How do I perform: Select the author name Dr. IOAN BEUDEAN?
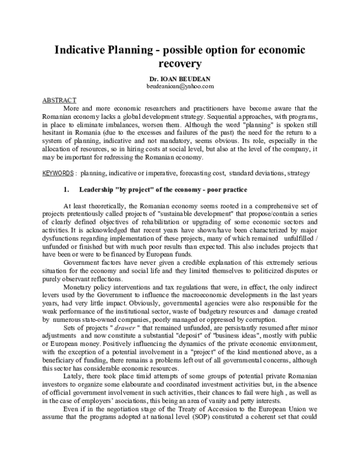pos(180,79)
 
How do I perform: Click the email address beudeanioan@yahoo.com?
pos(180,86)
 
